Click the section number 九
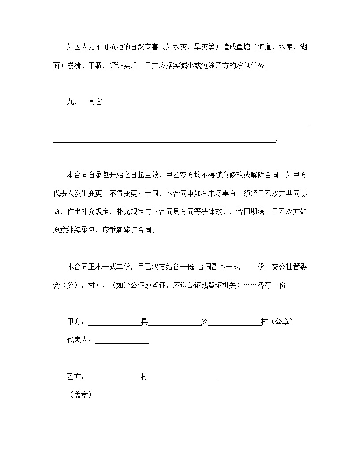click(x=70, y=101)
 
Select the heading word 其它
click(x=95, y=101)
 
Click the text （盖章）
click(x=80, y=395)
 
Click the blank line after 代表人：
click(x=122, y=341)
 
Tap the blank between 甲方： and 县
click(x=114, y=323)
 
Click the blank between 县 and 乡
click(x=174, y=323)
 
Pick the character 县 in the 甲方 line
click(x=144, y=322)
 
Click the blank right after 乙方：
click(x=114, y=378)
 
